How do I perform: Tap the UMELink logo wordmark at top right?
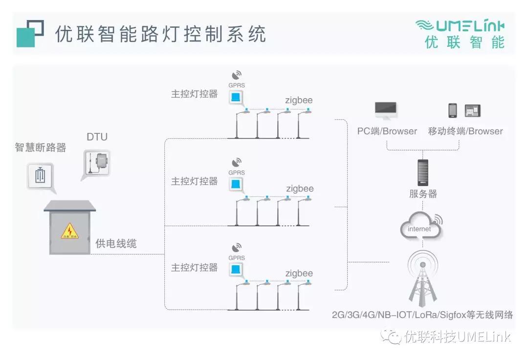point(460,26)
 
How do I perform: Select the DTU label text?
point(97,137)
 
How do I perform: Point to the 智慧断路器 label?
point(41,148)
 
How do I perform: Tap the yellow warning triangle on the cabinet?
point(70,231)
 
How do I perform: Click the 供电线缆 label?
point(116,243)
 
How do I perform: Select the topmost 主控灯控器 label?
point(194,94)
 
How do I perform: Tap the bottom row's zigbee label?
point(299,273)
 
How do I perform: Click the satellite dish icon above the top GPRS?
point(237,75)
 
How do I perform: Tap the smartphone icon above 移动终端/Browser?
point(453,110)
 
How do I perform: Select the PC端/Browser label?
point(387,131)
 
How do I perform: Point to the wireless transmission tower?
point(422,278)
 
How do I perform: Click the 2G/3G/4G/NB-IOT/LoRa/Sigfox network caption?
point(422,315)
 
